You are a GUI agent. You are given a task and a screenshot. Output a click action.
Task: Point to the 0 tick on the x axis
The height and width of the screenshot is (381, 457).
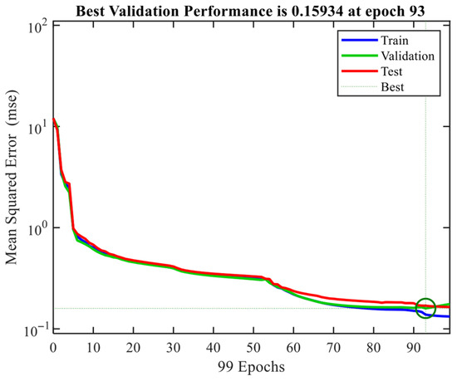tap(53, 348)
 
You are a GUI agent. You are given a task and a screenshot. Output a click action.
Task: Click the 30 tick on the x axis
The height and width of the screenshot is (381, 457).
tap(173, 348)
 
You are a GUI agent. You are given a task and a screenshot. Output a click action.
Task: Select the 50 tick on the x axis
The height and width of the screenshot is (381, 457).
tap(253, 348)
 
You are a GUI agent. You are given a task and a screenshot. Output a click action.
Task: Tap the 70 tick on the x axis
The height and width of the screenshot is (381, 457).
tap(333, 348)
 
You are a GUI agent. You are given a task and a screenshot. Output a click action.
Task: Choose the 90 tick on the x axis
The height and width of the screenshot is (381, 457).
tap(414, 348)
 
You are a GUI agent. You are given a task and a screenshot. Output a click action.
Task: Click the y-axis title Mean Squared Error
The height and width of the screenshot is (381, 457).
tap(12, 178)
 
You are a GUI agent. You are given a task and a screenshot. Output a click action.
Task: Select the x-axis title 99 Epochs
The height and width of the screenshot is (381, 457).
tap(251, 367)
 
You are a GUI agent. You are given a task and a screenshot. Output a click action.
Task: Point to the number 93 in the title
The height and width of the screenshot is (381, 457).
tap(417, 12)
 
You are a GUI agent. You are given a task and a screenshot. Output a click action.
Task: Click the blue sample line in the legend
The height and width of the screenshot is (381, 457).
tap(359, 40)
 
